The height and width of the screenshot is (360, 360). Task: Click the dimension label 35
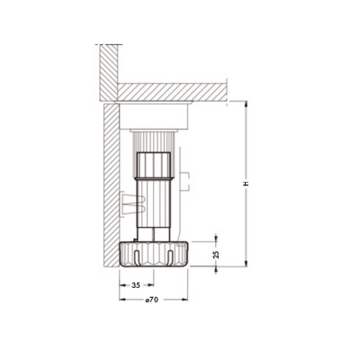pyautogui.click(x=136, y=285)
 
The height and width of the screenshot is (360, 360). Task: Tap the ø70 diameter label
pyautogui.click(x=152, y=300)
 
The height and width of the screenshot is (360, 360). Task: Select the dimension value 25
pyautogui.click(x=216, y=254)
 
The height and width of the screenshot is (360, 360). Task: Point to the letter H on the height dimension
pyautogui.click(x=247, y=184)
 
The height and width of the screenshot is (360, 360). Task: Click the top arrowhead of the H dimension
pyautogui.click(x=247, y=104)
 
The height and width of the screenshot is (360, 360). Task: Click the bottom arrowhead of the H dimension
pyautogui.click(x=247, y=263)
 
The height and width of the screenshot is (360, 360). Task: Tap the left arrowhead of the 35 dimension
pyautogui.click(x=122, y=285)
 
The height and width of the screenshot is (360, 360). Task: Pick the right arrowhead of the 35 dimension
pyautogui.click(x=151, y=285)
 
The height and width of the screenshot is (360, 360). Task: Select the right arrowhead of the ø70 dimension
pyautogui.click(x=184, y=300)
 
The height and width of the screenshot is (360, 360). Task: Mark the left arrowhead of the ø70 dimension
pyautogui.click(x=122, y=300)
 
